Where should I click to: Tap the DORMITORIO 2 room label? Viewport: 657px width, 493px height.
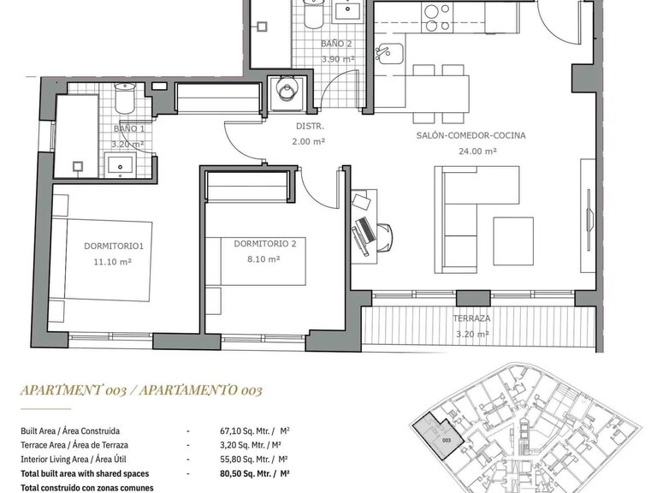click(264, 244)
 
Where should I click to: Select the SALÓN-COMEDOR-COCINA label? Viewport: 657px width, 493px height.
click(471, 136)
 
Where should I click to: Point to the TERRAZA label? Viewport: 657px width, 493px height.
click(471, 318)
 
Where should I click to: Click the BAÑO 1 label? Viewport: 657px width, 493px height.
click(128, 130)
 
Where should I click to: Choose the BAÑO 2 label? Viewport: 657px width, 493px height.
click(336, 43)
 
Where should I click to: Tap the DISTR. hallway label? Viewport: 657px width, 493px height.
click(308, 126)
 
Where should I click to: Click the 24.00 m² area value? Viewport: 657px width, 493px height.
click(478, 151)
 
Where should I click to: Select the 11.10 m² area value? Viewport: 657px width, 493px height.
click(112, 263)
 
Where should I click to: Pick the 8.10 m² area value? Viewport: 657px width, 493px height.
click(261, 259)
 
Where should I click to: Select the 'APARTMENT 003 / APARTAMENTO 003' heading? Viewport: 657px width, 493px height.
click(141, 390)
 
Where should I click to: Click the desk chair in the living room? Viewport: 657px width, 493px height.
click(382, 232)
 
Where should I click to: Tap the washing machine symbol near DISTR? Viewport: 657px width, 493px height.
click(283, 90)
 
